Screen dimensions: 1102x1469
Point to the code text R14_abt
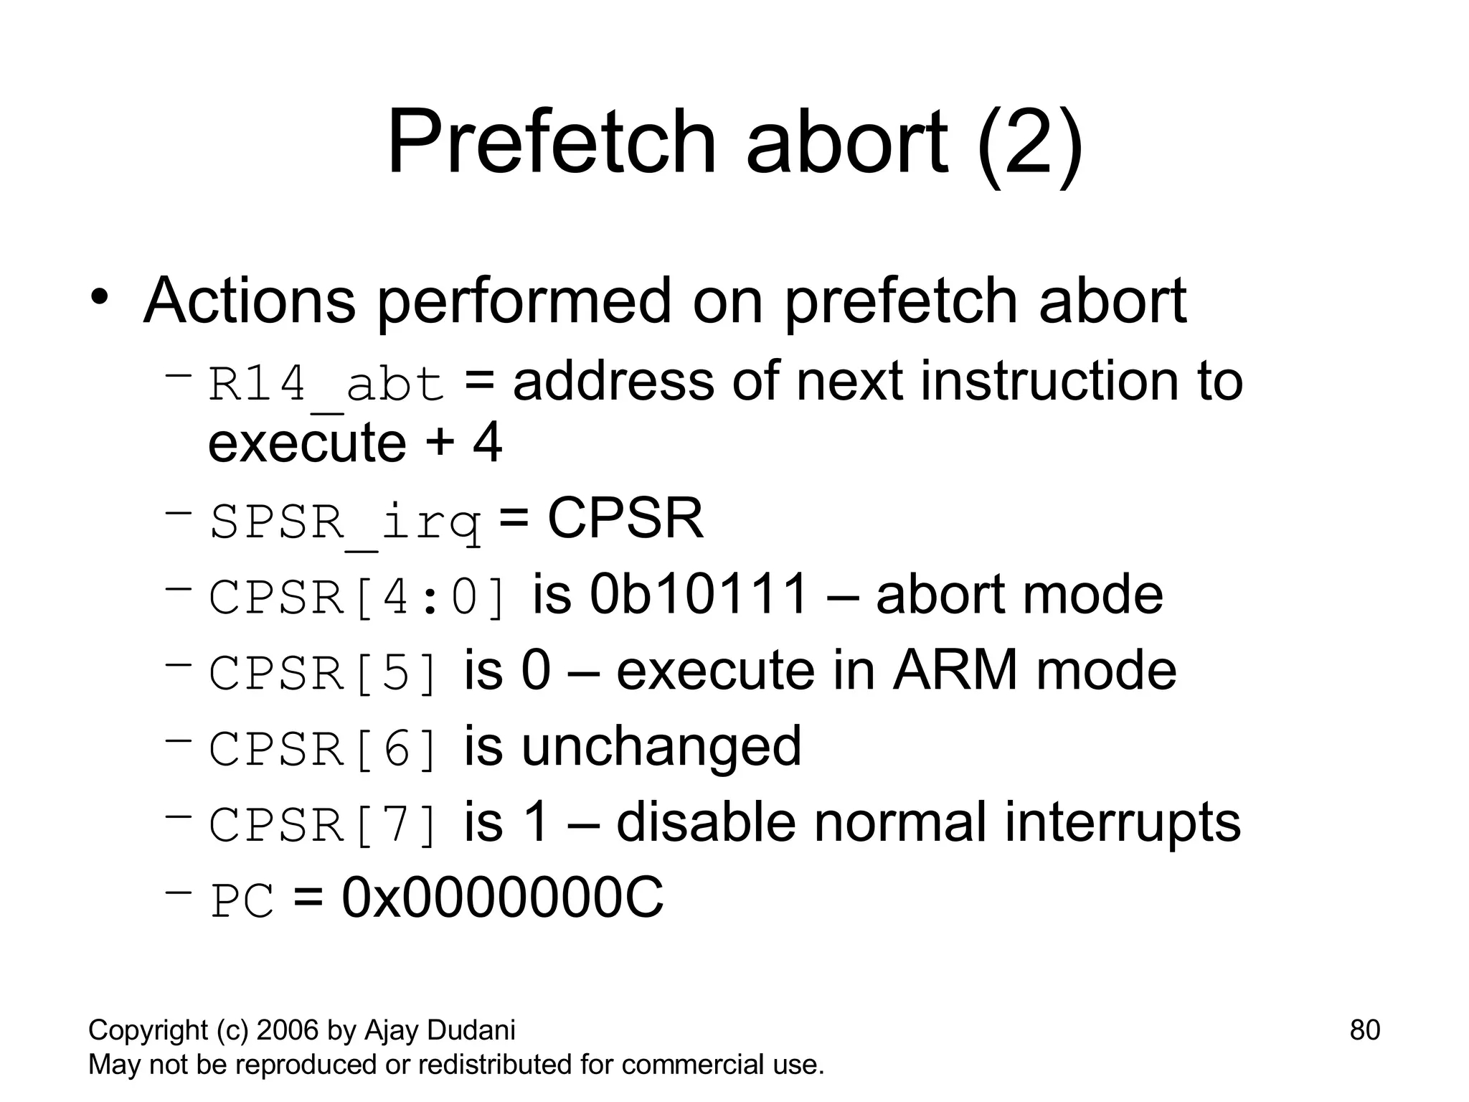click(326, 385)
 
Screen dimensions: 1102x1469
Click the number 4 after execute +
click(487, 443)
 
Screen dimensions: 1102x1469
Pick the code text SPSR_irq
click(345, 522)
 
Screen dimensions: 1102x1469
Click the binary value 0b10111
click(699, 595)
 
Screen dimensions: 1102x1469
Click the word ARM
click(954, 671)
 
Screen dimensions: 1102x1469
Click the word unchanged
click(661, 747)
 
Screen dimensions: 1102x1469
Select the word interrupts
click(1122, 822)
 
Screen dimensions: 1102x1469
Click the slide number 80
click(1364, 1030)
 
